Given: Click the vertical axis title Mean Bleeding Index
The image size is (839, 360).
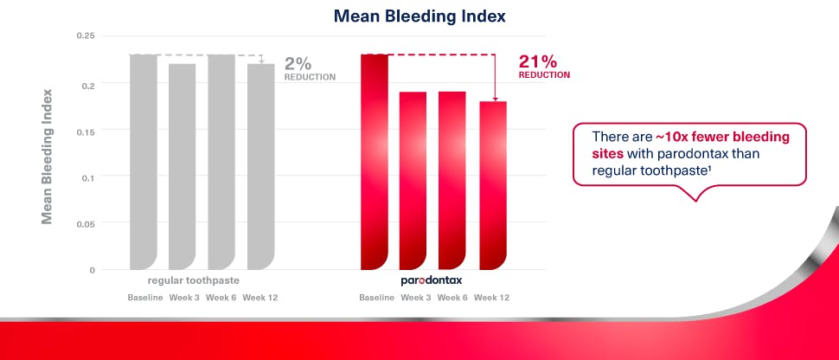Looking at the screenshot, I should pyautogui.click(x=48, y=156).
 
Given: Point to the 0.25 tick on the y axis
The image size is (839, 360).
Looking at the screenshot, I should pyautogui.click(x=85, y=36).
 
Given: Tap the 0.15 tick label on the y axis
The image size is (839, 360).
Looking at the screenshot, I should pyautogui.click(x=85, y=131).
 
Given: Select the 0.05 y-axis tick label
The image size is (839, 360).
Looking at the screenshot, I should pyautogui.click(x=85, y=224).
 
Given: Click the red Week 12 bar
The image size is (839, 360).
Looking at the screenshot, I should pyautogui.click(x=492, y=185).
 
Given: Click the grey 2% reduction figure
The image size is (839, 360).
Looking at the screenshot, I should pyautogui.click(x=298, y=63).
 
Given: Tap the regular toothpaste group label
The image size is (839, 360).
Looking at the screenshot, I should pyautogui.click(x=193, y=280).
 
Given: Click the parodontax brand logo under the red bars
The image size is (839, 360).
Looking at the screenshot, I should pyautogui.click(x=433, y=280).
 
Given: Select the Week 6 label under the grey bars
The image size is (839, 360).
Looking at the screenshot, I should pyautogui.click(x=221, y=298).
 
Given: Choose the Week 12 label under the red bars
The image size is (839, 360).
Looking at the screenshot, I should pyautogui.click(x=491, y=298).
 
